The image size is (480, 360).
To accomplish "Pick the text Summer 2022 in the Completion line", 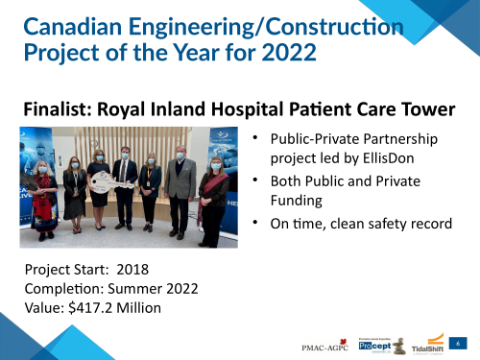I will click(x=162, y=288).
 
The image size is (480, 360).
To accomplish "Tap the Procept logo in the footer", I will click(x=377, y=344).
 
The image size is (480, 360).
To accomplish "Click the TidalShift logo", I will click(x=427, y=344).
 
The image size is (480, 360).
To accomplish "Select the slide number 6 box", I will click(x=459, y=343).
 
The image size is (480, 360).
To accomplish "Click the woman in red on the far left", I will click(x=41, y=197).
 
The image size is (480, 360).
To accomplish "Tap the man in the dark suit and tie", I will click(x=125, y=187).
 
